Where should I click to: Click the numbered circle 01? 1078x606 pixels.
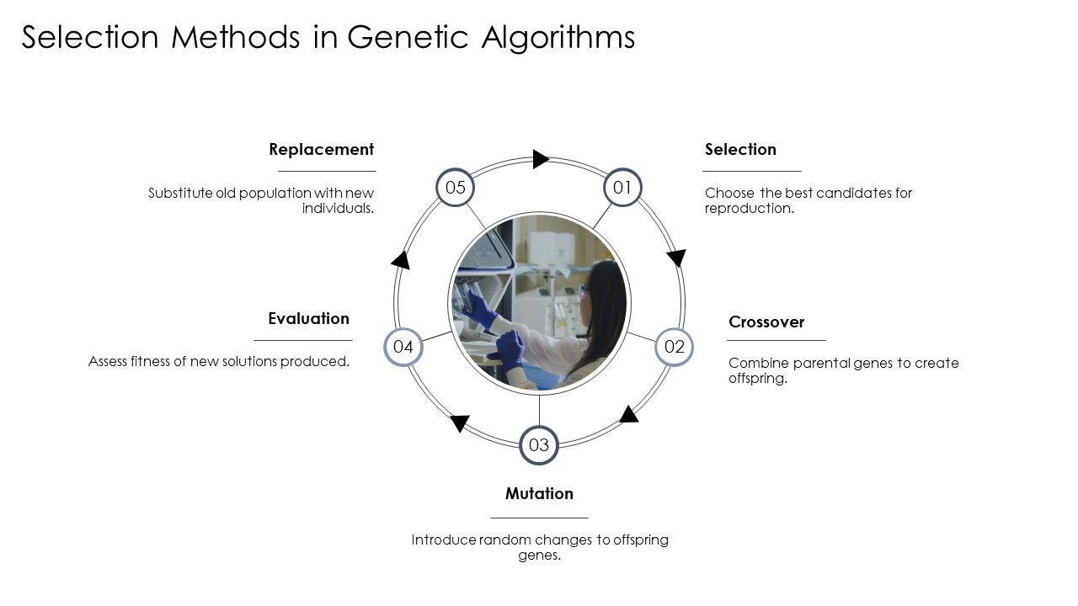click(622, 188)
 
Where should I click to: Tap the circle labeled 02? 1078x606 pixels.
click(674, 347)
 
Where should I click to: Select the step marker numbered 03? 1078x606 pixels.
click(539, 445)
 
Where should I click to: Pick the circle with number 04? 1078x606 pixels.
click(403, 347)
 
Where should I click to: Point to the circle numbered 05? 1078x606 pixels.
click(456, 188)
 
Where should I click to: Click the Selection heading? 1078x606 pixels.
click(740, 150)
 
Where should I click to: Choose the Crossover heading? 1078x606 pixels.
click(766, 322)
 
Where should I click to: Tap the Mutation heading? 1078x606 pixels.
click(539, 494)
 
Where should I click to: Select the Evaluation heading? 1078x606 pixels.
click(308, 319)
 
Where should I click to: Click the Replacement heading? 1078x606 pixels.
click(321, 150)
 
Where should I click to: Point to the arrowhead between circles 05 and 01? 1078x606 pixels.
click(541, 159)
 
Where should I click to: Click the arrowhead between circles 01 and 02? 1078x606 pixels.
click(676, 258)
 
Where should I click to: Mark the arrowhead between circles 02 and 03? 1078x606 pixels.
click(629, 414)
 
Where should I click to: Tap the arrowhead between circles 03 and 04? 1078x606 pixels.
click(459, 423)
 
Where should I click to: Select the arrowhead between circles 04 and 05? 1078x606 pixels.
click(401, 260)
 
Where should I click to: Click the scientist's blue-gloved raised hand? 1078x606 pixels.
click(479, 310)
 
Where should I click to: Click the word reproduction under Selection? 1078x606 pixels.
click(748, 209)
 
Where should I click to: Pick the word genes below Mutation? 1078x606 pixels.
click(538, 555)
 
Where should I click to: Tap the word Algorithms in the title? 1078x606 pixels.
click(558, 38)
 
